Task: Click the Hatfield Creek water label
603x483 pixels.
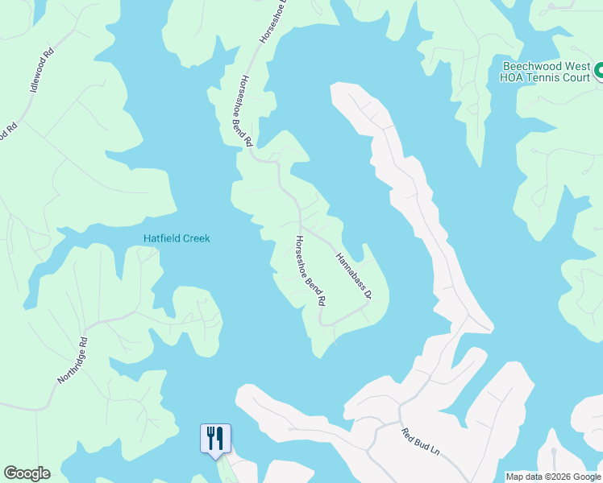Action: [177, 238]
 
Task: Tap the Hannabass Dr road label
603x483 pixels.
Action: [352, 275]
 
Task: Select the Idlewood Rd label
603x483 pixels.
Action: [41, 70]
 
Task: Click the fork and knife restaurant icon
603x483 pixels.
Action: [215, 438]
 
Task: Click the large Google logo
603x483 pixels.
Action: [27, 473]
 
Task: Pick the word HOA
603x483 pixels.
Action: [512, 78]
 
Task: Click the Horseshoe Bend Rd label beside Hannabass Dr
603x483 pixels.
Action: [310, 270]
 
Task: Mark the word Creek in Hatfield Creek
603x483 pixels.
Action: [196, 238]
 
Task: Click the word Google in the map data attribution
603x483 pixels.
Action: [584, 477]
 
